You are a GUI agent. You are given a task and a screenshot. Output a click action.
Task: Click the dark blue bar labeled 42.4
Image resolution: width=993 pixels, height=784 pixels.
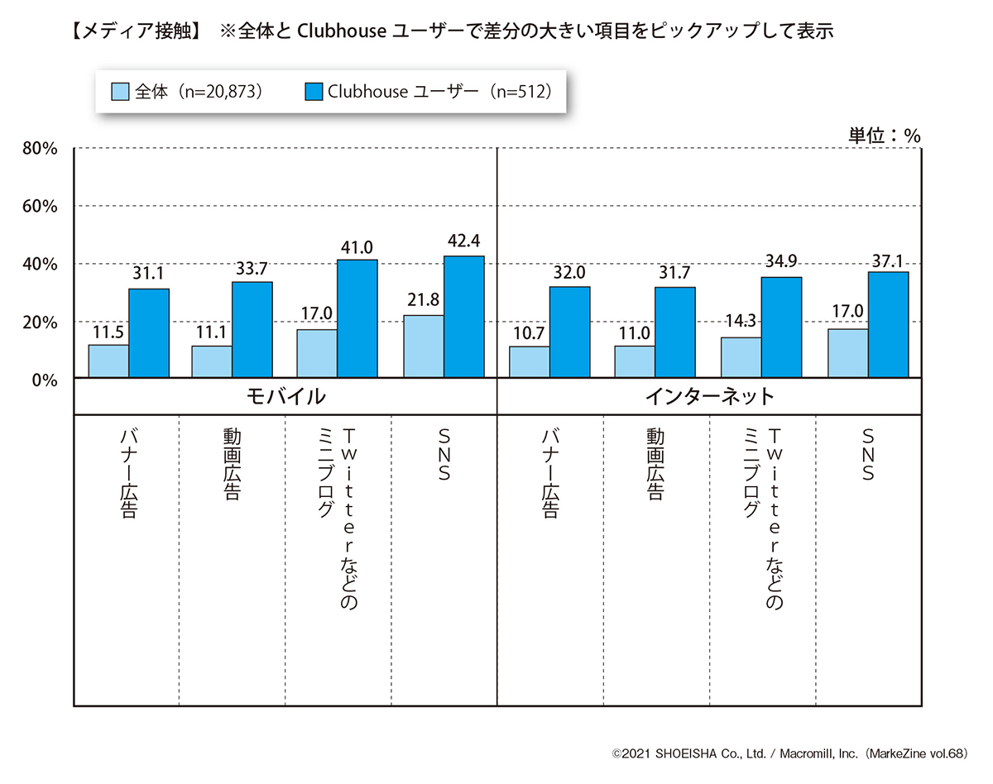point(463,317)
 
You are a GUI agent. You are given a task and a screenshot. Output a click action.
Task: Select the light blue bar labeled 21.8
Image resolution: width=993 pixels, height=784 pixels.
point(423,347)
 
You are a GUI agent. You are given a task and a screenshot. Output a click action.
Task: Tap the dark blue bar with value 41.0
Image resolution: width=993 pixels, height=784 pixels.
point(357,319)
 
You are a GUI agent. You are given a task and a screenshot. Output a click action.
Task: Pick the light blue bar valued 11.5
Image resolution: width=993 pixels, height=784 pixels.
point(108,361)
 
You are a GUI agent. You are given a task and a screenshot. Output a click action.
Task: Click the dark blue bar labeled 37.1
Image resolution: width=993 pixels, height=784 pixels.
point(888,325)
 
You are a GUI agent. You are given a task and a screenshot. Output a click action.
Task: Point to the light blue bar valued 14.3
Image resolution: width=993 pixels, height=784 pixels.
point(741,357)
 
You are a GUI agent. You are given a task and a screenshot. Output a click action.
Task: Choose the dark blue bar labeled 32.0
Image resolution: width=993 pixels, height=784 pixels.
point(569,332)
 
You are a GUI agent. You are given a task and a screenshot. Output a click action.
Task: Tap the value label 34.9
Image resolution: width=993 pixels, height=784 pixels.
point(781,261)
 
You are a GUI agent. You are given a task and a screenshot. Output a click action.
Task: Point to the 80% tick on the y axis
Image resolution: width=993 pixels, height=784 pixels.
point(40,149)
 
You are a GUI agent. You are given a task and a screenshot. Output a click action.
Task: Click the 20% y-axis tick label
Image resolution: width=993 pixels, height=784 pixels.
point(40,322)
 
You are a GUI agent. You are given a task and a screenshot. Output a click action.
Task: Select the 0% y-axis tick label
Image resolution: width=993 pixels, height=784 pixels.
point(45,380)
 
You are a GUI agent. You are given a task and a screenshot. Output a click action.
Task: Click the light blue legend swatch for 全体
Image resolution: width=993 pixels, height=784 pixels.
point(120,91)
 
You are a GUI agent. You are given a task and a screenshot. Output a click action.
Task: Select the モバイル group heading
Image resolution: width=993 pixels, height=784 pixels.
point(285,396)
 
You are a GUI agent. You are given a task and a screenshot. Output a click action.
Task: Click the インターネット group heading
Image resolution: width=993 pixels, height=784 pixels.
point(709,396)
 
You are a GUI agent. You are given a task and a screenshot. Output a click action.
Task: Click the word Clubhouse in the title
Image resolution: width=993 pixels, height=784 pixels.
point(333,31)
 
